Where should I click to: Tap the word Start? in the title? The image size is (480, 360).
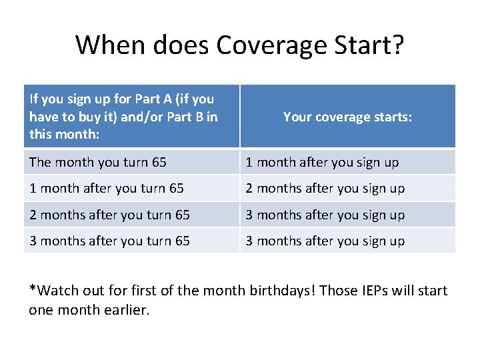click(369, 45)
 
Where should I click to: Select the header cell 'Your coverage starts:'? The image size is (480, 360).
click(347, 117)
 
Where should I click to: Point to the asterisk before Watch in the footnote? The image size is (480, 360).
click(32, 289)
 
